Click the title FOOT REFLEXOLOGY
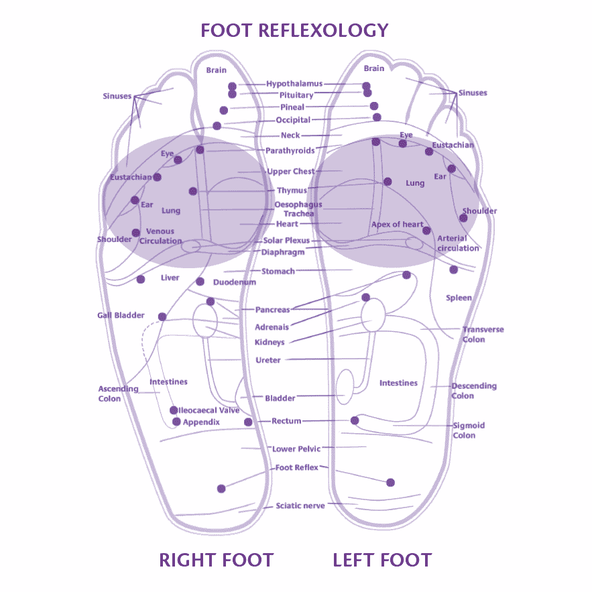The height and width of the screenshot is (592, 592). pyautogui.click(x=294, y=31)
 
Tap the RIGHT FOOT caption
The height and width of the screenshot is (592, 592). pyautogui.click(x=217, y=560)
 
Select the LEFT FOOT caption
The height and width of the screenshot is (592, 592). pyautogui.click(x=382, y=560)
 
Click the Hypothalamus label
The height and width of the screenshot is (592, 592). pyautogui.click(x=294, y=83)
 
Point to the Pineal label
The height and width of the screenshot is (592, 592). pyautogui.click(x=292, y=107)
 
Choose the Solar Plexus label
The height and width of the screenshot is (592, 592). pyautogui.click(x=286, y=241)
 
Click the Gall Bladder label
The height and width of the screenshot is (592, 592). pyautogui.click(x=121, y=315)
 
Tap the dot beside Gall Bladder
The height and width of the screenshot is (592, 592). pyautogui.click(x=162, y=316)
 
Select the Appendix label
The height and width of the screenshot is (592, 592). pyautogui.click(x=201, y=422)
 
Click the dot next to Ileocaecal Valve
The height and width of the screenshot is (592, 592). pyautogui.click(x=174, y=410)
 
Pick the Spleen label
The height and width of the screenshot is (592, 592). pyautogui.click(x=459, y=298)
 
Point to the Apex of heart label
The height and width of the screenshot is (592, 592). pyautogui.click(x=397, y=225)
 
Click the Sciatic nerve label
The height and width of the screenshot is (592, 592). pyautogui.click(x=300, y=506)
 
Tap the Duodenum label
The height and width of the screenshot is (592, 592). pyautogui.click(x=235, y=282)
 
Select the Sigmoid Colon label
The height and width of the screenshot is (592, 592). pyautogui.click(x=469, y=430)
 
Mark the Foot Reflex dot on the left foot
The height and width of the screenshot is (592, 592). pyautogui.click(x=391, y=483)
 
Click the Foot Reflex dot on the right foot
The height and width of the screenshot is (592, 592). pyautogui.click(x=222, y=489)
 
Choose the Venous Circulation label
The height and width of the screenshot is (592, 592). pyautogui.click(x=161, y=236)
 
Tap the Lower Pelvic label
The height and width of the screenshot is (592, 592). pyautogui.click(x=296, y=449)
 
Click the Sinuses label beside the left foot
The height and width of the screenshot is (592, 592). pyautogui.click(x=473, y=93)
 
